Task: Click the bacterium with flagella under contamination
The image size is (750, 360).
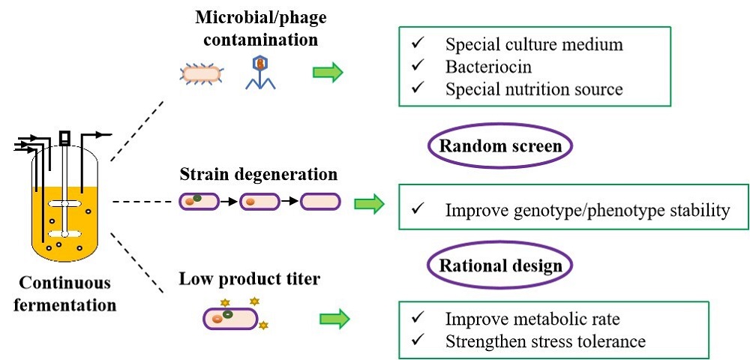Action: pos(200,73)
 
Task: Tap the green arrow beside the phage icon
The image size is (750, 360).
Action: pos(328,73)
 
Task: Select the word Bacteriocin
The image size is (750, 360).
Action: pos(489,67)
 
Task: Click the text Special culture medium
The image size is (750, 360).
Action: pos(533,45)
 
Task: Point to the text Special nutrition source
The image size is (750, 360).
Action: pos(534,90)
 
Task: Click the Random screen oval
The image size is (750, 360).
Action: pos(500,146)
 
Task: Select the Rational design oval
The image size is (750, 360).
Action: pos(500,265)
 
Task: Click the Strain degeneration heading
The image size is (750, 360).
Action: pos(259,175)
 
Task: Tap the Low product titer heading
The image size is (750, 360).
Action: pos(250,280)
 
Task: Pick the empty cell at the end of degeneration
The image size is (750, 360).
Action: pos(320,202)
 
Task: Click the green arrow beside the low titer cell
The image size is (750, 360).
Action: pos(334,319)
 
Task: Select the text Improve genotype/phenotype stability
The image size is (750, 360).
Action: pos(587,210)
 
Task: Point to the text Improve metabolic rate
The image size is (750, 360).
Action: pos(532,319)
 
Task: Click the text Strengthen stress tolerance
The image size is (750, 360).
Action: pos(545,342)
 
